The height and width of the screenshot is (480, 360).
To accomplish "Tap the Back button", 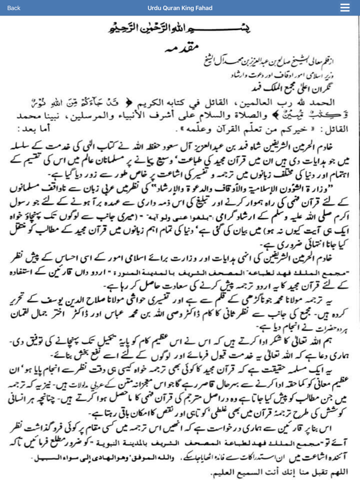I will click(x=14, y=7).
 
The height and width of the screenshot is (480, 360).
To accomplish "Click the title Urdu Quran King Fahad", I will click(x=179, y=7).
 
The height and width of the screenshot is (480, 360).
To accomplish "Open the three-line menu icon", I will click(x=345, y=7).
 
